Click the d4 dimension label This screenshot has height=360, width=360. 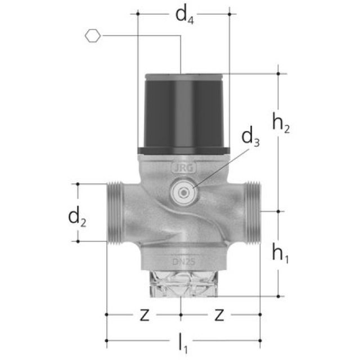point(184,16)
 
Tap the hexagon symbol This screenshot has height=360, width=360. point(93,36)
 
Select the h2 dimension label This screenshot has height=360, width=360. point(281,122)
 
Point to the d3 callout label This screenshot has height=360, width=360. point(250,136)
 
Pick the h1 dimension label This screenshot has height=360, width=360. point(280,253)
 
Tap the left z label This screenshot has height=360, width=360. point(145,315)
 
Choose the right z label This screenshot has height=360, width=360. point(219,315)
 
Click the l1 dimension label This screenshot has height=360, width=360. point(183,343)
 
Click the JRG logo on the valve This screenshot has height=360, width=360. point(184,169)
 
